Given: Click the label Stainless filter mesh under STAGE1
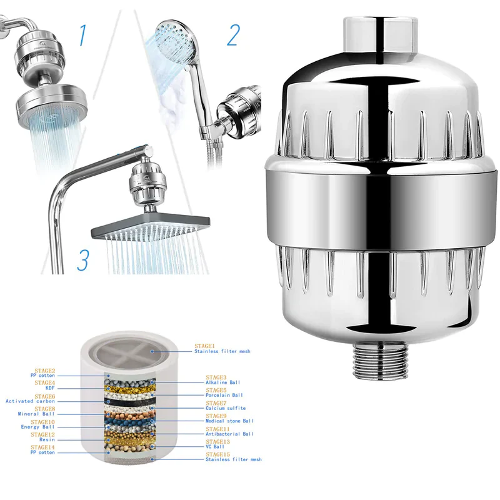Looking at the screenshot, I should click(x=222, y=352).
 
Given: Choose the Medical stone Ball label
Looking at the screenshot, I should click(x=230, y=421).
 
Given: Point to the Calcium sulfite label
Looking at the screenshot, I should click(x=226, y=408).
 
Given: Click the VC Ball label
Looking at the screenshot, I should click(x=216, y=447).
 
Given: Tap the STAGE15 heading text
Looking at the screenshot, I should click(x=217, y=454).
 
